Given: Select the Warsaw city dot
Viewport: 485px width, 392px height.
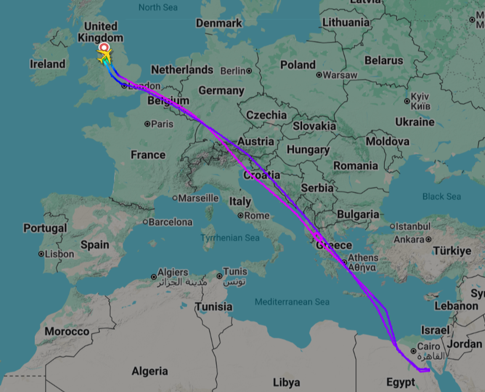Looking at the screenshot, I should [319, 75].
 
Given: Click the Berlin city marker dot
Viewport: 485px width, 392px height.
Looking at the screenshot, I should [249, 71].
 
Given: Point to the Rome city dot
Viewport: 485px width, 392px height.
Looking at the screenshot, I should [240, 215].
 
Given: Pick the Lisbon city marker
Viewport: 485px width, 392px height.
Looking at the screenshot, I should [41, 254].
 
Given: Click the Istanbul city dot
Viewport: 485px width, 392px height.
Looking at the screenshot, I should [392, 226].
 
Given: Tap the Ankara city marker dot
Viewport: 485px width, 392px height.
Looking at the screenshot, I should [428, 239].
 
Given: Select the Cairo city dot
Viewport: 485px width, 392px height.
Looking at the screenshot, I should [413, 351].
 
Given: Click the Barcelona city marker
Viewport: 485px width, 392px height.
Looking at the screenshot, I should [145, 222].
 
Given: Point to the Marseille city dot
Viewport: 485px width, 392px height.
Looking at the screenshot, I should [175, 198].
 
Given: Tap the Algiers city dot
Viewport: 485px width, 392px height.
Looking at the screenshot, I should [154, 277].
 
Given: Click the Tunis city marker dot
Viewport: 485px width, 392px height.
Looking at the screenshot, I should [219, 276].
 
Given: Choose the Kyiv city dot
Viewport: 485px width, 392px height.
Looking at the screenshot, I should [407, 101].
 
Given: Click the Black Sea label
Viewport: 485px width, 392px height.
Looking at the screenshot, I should [441, 196].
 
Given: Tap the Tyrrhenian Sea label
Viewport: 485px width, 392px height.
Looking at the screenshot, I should [230, 238].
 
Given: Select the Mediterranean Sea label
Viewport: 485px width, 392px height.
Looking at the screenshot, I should [292, 301].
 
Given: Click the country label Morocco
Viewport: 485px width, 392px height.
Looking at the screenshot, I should [67, 331].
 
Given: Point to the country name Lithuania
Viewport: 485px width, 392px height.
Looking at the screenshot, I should [346, 22].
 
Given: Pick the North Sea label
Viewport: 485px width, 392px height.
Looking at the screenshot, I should [158, 7].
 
